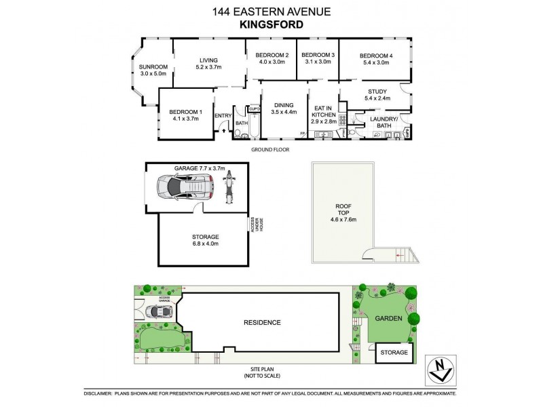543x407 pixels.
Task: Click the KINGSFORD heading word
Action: click(x=271, y=25)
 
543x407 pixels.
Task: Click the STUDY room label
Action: click(x=377, y=96)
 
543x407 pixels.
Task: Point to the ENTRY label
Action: click(x=223, y=116)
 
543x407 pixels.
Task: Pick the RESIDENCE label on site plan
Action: click(x=261, y=322)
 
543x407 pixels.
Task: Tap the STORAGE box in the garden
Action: click(x=394, y=353)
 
